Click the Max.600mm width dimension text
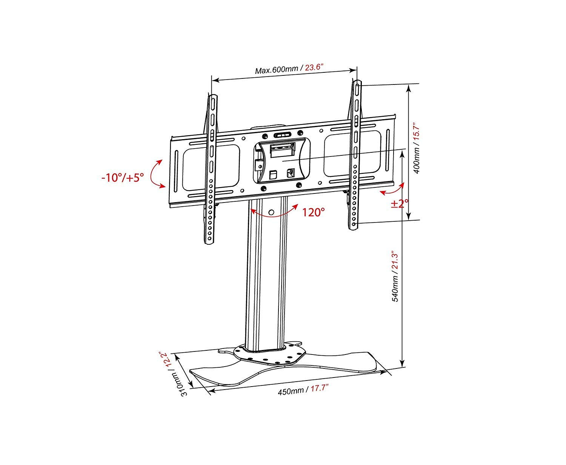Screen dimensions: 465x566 pos(277,70)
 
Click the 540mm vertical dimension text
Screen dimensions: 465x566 pos(395,289)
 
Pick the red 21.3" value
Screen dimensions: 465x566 pos(395,261)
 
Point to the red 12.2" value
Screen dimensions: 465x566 pos(165,360)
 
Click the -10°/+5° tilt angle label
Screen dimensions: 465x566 pos(123,178)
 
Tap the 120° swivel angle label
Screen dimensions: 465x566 pos(313,212)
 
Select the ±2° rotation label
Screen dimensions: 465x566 pos(400,204)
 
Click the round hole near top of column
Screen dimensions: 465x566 pos(271,213)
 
